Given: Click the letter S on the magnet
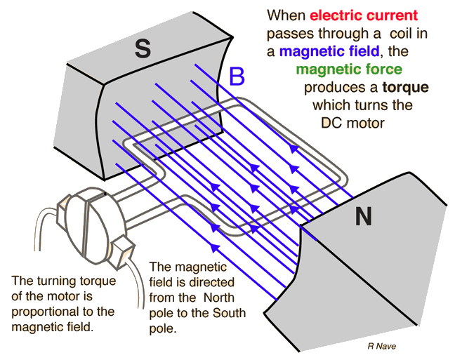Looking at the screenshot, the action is click(143, 48).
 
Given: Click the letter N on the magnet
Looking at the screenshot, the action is click(364, 216).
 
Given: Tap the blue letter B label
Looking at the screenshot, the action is click(237, 76).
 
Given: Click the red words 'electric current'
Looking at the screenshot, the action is click(364, 15).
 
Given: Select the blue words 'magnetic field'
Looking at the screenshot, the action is click(329, 51).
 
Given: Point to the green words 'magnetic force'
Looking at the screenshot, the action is click(349, 69).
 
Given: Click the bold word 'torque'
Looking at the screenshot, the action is click(406, 87).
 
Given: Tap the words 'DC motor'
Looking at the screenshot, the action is click(352, 123).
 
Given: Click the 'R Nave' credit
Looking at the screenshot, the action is click(381, 346).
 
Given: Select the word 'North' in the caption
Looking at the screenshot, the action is click(219, 298).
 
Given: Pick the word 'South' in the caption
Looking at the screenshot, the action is click(229, 313).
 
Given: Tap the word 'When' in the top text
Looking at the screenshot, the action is click(286, 15).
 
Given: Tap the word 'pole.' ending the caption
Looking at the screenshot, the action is click(163, 328).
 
